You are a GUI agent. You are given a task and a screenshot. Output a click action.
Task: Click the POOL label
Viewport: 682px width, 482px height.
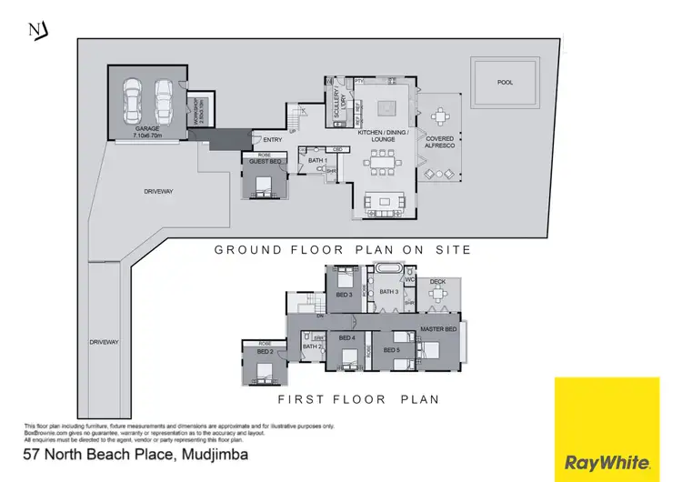[505, 83]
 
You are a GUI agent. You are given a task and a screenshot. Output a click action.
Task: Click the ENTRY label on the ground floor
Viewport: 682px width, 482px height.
[272, 140]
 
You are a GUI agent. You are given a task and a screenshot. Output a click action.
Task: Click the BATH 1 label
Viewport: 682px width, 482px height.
[316, 161]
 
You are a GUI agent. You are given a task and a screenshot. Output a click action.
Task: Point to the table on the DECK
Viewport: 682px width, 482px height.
[440, 296]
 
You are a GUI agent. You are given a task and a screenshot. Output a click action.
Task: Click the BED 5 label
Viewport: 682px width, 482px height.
[392, 349]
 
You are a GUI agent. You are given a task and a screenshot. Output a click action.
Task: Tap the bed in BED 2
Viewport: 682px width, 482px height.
[264, 369]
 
